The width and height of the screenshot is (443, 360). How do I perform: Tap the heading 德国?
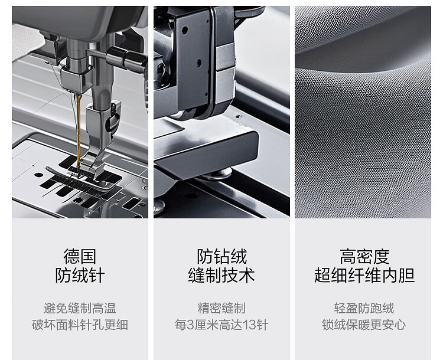pyautogui.click(x=80, y=256)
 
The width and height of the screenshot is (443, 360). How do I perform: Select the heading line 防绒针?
pyautogui.click(x=80, y=275)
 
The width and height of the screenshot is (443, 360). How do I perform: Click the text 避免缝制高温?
pyautogui.click(x=80, y=308)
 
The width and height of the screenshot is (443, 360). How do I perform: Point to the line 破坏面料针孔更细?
pyautogui.click(x=80, y=325)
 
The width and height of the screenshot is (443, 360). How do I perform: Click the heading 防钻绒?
pyautogui.click(x=221, y=256)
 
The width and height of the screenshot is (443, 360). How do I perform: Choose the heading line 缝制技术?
pyautogui.click(x=221, y=275)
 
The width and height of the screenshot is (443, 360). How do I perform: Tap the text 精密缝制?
pyautogui.click(x=221, y=308)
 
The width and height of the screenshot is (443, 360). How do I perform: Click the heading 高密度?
pyautogui.click(x=364, y=256)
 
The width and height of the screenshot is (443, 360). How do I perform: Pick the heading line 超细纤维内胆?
pyautogui.click(x=364, y=275)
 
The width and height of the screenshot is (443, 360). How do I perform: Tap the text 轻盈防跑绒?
pyautogui.click(x=364, y=308)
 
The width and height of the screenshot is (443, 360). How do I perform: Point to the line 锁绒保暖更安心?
pyautogui.click(x=364, y=325)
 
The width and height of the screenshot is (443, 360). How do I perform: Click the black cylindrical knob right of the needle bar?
pyautogui.click(x=126, y=59)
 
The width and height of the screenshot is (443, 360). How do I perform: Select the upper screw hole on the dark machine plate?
pyautogui.click(x=185, y=30)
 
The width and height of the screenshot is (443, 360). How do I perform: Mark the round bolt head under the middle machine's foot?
pyautogui.click(x=217, y=174)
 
